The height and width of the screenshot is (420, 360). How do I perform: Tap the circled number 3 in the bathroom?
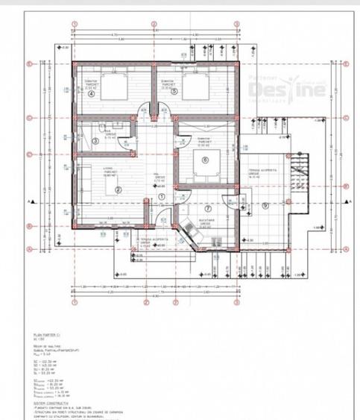point(96,142)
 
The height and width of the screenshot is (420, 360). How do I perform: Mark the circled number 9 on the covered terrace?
point(265,205)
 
